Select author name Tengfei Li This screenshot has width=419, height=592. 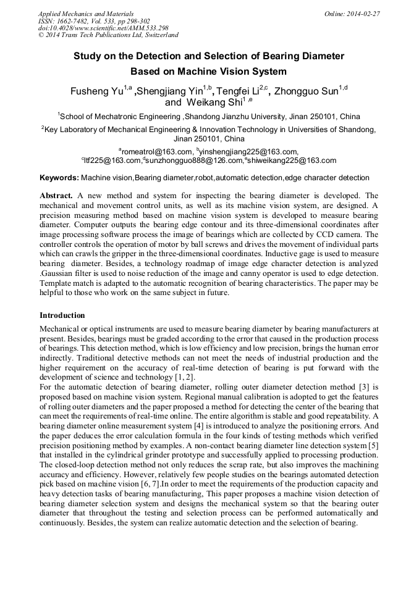[x=237, y=92]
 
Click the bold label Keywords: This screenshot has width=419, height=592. [x=59, y=178]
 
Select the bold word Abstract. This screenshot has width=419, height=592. [x=56, y=194]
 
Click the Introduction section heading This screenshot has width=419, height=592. [x=62, y=315]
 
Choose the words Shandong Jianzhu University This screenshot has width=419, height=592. [x=234, y=116]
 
